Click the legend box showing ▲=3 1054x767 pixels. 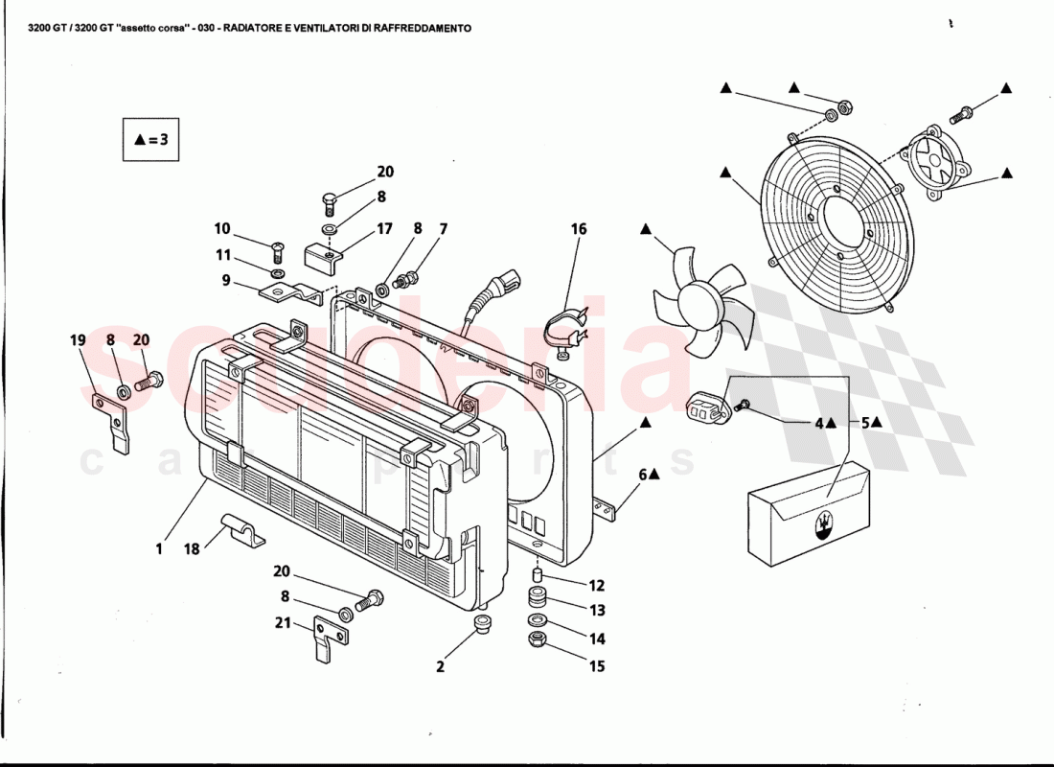pos(151,139)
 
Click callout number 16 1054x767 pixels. pos(579,229)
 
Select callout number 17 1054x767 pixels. pos(384,229)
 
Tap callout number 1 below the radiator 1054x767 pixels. pos(159,549)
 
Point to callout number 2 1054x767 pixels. pos(441,666)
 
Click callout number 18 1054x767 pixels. pos(192,549)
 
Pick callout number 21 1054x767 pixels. pos(283,621)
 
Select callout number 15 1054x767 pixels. pos(597,666)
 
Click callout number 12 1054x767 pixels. pos(597,586)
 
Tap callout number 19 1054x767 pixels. pos(78,339)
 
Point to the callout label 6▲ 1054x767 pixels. pos(650,474)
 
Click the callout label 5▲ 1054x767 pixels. pos(871,422)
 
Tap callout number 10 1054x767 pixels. pos(222,229)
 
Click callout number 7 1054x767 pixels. pos(444,229)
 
